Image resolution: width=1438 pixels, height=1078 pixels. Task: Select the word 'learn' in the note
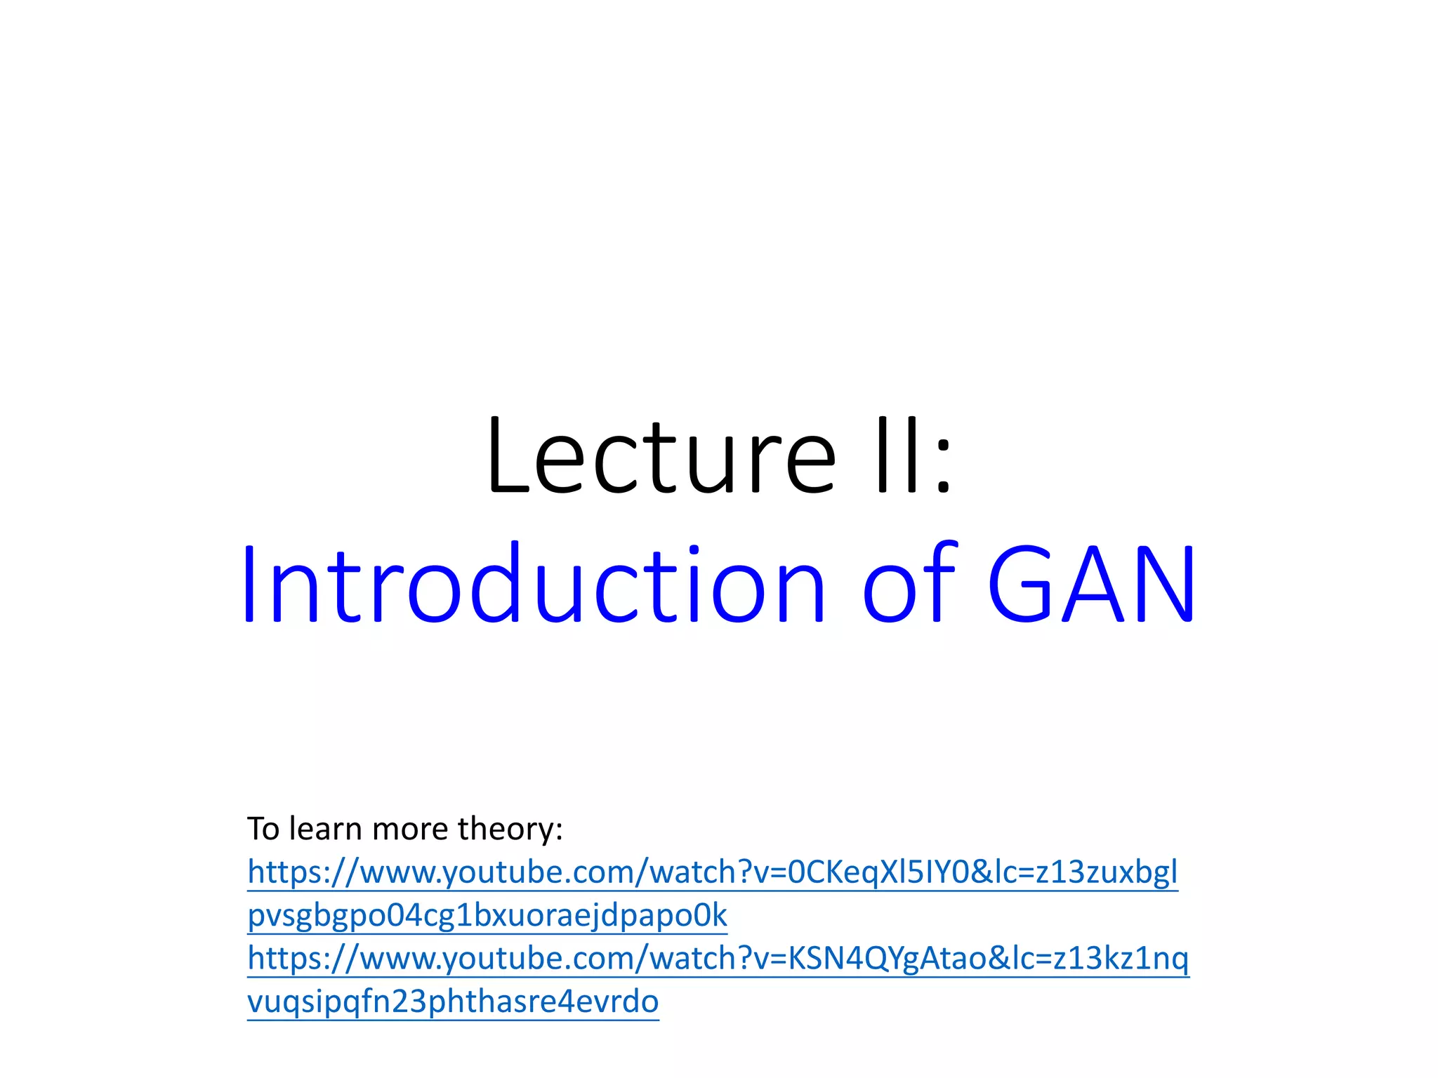tap(326, 830)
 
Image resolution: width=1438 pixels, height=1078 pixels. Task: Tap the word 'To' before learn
tap(263, 830)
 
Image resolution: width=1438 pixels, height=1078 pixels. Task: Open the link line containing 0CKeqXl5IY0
tap(712, 872)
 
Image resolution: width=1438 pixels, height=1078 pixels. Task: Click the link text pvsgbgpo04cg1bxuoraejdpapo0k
tap(487, 916)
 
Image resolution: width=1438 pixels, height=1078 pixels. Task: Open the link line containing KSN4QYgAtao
tap(718, 959)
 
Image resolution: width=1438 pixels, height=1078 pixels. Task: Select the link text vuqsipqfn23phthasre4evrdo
tap(453, 1002)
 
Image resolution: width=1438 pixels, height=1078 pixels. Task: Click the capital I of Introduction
tap(250, 585)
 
